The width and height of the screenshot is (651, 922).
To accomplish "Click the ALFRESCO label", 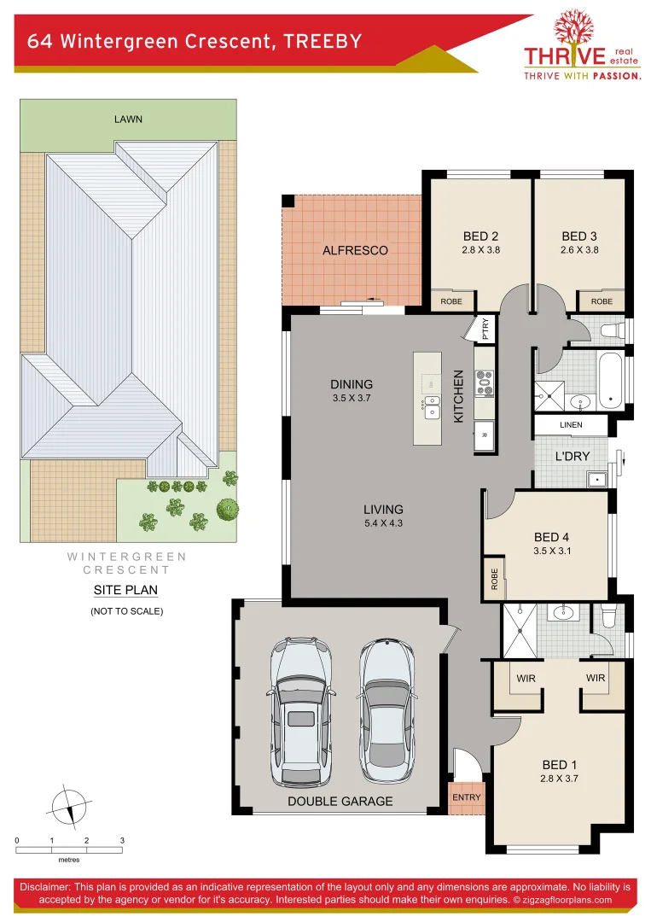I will click(355, 250).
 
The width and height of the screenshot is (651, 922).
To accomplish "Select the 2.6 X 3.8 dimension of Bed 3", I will click(579, 250).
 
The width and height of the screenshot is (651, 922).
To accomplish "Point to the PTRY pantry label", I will click(485, 329).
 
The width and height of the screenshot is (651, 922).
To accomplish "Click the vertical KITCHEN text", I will click(458, 396).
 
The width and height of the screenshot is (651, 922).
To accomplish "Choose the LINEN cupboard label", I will click(571, 425).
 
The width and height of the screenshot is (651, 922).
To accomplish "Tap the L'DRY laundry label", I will click(573, 457).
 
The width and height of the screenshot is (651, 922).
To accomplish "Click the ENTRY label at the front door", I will click(467, 797).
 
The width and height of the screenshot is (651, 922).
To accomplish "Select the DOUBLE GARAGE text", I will click(340, 801).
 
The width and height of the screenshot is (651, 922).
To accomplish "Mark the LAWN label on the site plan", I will click(128, 119).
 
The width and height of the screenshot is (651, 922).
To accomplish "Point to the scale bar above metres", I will click(69, 849).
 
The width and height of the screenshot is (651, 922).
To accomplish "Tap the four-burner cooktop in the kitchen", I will click(485, 382).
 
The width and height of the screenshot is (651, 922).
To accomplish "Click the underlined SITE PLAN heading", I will click(125, 590).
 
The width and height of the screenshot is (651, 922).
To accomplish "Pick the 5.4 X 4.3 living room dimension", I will click(383, 523).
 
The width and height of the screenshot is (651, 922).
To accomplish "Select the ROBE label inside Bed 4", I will click(494, 580).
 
